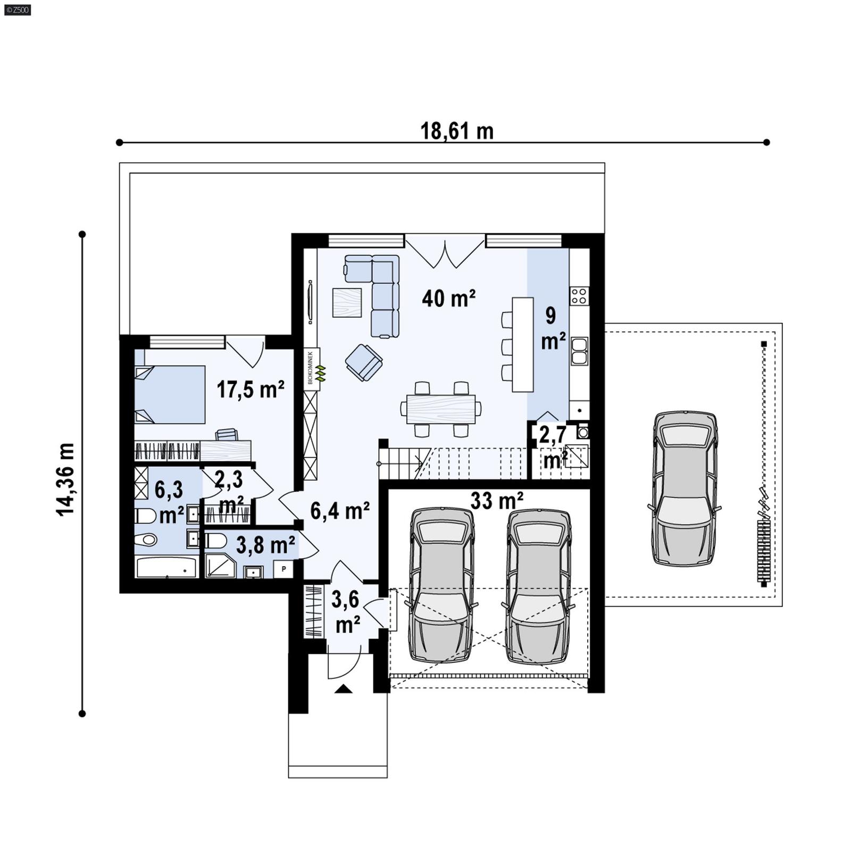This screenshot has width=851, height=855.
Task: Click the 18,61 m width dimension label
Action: (457, 131)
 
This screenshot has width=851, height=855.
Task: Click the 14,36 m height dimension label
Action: (66, 479)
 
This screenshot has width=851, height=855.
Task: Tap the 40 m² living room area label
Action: (448, 298)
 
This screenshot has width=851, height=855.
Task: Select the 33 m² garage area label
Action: (497, 501)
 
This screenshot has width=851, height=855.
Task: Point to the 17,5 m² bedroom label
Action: (250, 389)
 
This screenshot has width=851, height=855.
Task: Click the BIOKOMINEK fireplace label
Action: (311, 367)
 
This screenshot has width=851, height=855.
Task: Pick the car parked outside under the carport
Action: (685, 487)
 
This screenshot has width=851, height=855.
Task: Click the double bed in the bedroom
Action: (170, 394)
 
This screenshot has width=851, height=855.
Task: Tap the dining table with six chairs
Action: (441, 409)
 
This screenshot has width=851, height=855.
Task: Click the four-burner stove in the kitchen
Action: (579, 295)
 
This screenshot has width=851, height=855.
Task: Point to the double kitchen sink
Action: (579, 351)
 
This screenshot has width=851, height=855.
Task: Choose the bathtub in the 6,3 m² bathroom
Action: (167, 567)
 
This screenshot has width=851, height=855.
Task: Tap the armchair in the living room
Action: (364, 362)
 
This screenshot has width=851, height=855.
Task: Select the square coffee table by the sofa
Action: (347, 302)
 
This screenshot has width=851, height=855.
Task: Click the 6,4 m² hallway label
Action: (340, 511)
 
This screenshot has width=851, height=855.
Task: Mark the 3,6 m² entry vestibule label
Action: (346, 612)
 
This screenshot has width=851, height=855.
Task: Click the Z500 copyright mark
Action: (17, 10)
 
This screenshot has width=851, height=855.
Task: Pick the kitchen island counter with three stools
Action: (522, 344)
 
